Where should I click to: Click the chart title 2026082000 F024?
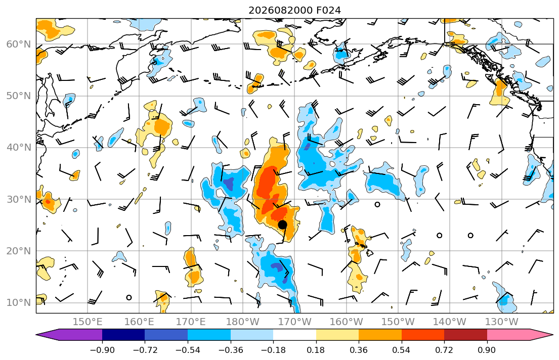(x=294, y=10)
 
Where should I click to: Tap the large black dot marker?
(x=282, y=224)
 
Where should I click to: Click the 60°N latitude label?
(x=19, y=44)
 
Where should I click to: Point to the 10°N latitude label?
(x=19, y=303)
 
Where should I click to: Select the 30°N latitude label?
(x=19, y=199)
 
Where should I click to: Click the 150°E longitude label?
(x=88, y=322)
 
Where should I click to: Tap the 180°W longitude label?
(x=243, y=322)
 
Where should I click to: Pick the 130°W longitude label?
(x=502, y=322)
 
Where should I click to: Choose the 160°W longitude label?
(x=346, y=322)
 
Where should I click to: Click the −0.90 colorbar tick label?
(x=102, y=350)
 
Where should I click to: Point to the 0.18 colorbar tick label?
(x=316, y=350)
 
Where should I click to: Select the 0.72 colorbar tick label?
(x=444, y=350)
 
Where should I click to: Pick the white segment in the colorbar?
(x=294, y=335)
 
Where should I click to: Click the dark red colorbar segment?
(x=465, y=335)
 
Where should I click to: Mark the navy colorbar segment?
(x=124, y=335)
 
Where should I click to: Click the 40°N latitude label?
(x=19, y=148)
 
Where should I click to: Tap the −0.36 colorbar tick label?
(x=230, y=350)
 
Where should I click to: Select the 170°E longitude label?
(x=191, y=322)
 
